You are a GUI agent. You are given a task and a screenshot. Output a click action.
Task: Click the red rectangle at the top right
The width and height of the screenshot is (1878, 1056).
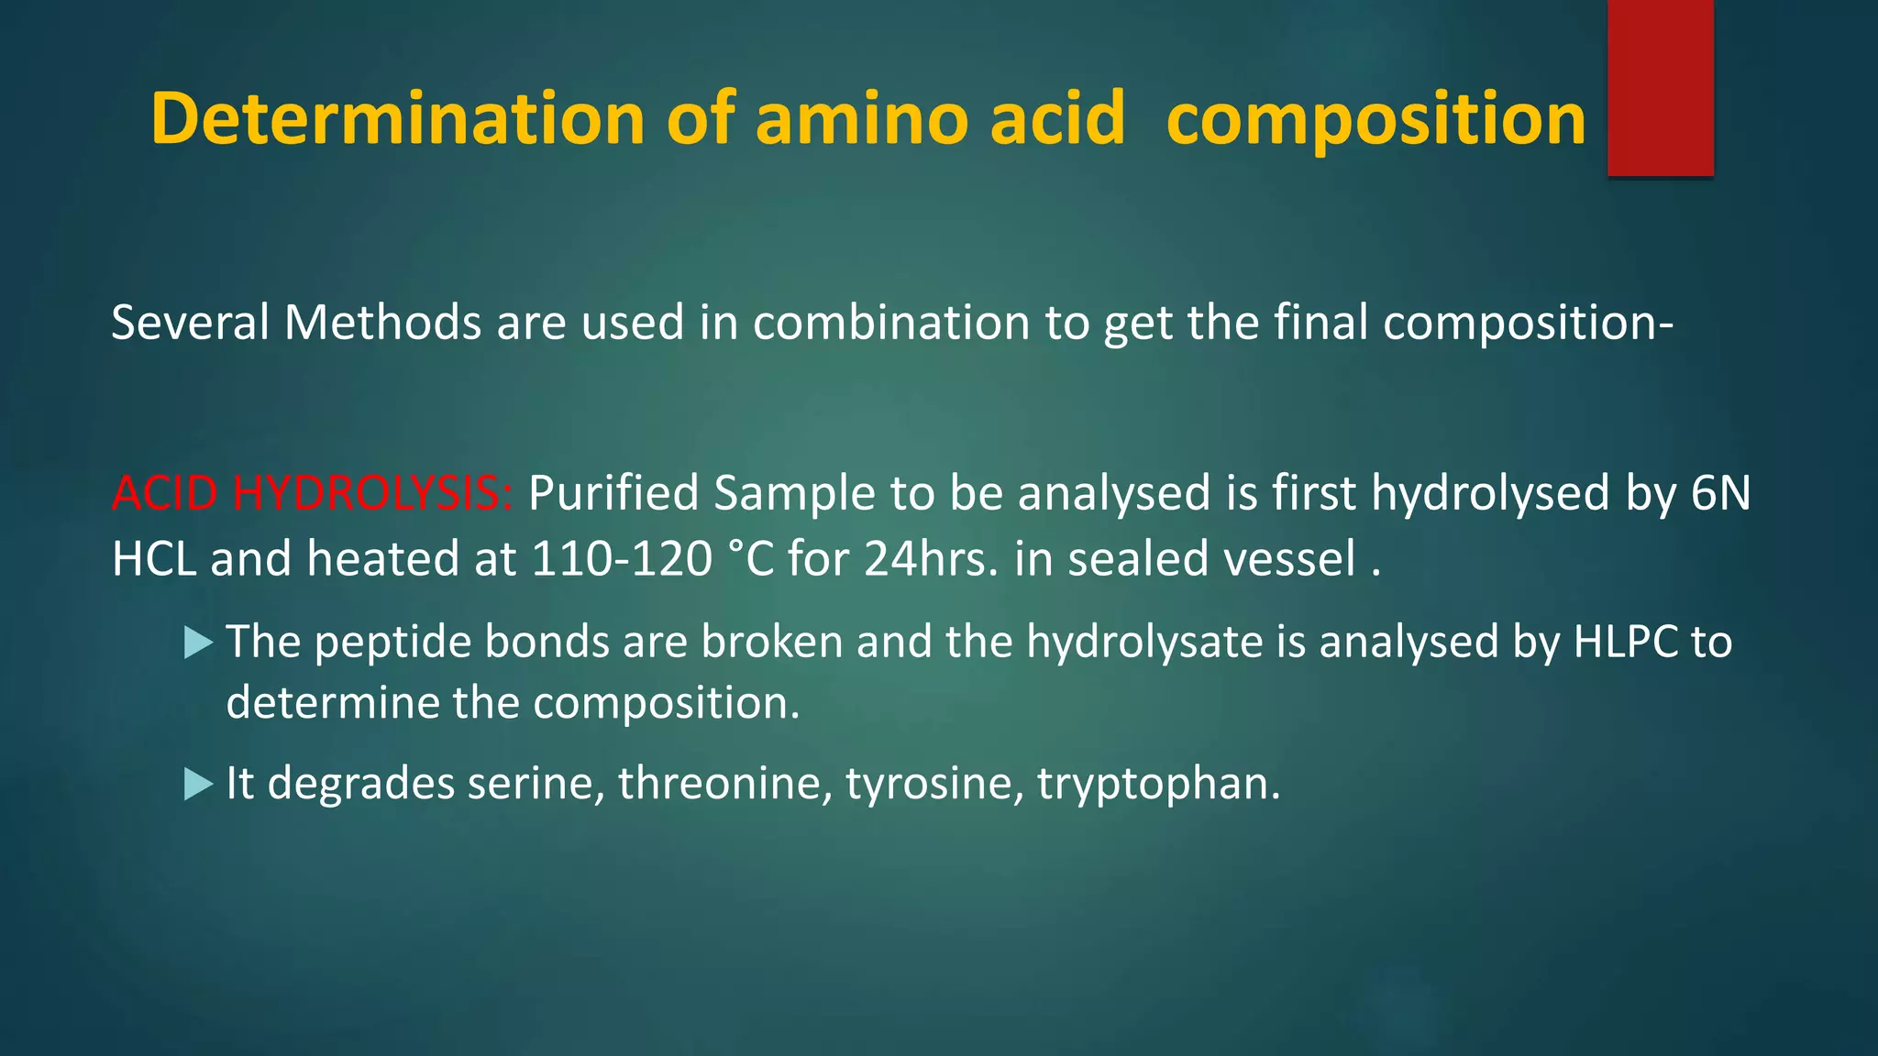(1660, 88)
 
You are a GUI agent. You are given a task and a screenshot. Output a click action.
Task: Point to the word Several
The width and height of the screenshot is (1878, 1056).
(190, 323)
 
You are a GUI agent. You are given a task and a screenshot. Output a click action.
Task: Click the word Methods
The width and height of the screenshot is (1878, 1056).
(382, 323)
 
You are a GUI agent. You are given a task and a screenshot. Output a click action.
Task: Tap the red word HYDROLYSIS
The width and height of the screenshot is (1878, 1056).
(372, 493)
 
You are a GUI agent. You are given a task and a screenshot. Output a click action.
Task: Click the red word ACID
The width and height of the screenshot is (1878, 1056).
(164, 493)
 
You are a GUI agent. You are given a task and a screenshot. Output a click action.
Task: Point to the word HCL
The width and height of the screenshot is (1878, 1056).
(153, 558)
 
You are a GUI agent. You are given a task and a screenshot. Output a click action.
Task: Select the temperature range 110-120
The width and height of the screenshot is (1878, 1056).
(622, 558)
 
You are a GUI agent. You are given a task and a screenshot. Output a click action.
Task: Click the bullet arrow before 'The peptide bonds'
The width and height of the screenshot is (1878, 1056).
(198, 643)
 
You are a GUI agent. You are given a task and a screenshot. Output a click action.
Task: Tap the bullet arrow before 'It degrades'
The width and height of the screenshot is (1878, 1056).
(198, 784)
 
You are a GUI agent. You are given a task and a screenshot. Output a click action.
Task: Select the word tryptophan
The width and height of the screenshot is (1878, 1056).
(1158, 785)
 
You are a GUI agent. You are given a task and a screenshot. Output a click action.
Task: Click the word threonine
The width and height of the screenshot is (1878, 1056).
(724, 784)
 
